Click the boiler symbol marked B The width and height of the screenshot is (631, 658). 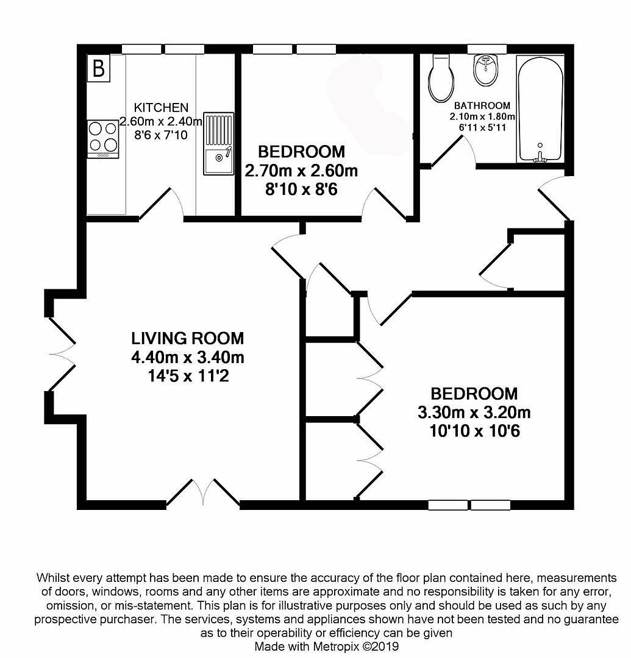tap(99, 68)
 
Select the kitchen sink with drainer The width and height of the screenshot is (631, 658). tap(218, 144)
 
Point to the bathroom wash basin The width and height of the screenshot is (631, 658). tap(486, 70)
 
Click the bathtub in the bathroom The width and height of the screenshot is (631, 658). tap(540, 109)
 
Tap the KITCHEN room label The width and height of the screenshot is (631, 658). tap(161, 107)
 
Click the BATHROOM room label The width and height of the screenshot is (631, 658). tap(482, 105)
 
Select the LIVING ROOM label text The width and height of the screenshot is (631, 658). tap(188, 338)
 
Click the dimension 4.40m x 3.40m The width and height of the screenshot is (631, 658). tap(188, 358)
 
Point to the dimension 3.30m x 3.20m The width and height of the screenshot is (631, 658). tap(474, 412)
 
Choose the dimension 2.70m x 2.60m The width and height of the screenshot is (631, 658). tap(301, 171)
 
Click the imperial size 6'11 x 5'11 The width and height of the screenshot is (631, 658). tap(482, 127)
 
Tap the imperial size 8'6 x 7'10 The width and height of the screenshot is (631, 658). tap(161, 135)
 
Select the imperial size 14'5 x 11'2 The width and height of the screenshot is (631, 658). tap(188, 376)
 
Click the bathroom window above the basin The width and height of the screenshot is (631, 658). tap(487, 49)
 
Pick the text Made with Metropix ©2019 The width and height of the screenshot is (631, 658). tap(327, 646)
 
